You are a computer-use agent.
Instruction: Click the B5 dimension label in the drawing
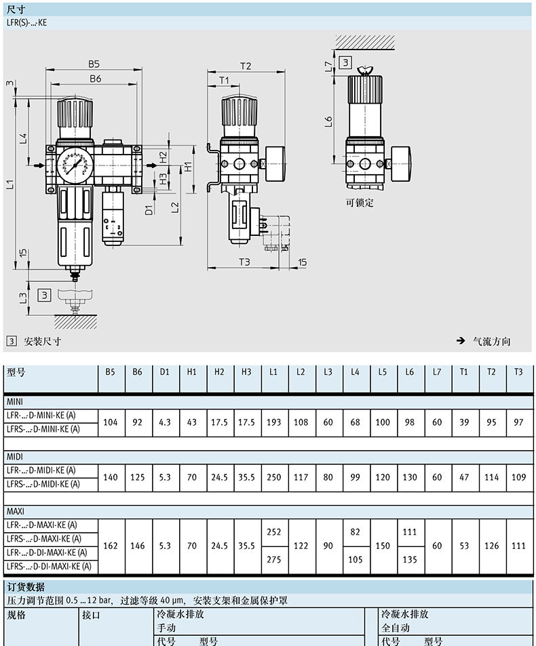pos(94,64)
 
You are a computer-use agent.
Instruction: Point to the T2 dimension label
pos(246,66)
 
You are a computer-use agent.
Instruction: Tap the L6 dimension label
pos(328,121)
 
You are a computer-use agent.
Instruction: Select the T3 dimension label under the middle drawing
pos(244,262)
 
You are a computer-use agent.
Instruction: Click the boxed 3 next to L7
pos(345,62)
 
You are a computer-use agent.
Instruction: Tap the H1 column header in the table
pos(192,372)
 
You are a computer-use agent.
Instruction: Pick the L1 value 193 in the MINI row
pos(274,422)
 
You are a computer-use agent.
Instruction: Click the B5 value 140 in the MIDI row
pos(110,477)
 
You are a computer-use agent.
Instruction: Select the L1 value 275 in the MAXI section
pos(274,559)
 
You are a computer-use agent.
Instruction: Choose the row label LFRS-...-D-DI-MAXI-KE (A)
pos(49,567)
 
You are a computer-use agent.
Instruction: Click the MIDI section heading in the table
pos(15,456)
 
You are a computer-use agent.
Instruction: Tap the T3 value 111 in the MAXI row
pos(518,546)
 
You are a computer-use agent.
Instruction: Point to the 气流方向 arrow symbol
pos(461,341)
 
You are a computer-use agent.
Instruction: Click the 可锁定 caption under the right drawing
pos(360,203)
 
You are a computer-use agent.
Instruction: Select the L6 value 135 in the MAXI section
pos(410,559)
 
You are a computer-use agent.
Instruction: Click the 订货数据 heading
pos(26,586)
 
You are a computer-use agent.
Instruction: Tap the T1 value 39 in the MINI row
pos(464,422)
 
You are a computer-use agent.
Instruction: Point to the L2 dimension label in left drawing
pos(175,207)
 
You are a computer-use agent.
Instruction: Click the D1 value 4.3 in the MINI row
pos(164,422)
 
